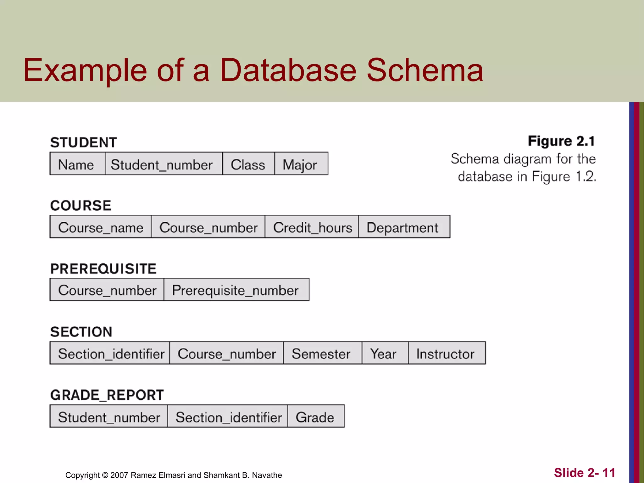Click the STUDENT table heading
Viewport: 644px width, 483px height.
(84, 142)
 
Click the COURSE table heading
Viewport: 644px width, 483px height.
(81, 206)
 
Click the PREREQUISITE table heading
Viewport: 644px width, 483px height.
(103, 269)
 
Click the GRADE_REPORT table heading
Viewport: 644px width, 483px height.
(107, 395)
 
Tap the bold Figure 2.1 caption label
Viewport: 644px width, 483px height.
(561, 141)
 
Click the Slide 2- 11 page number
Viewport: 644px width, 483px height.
(584, 473)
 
